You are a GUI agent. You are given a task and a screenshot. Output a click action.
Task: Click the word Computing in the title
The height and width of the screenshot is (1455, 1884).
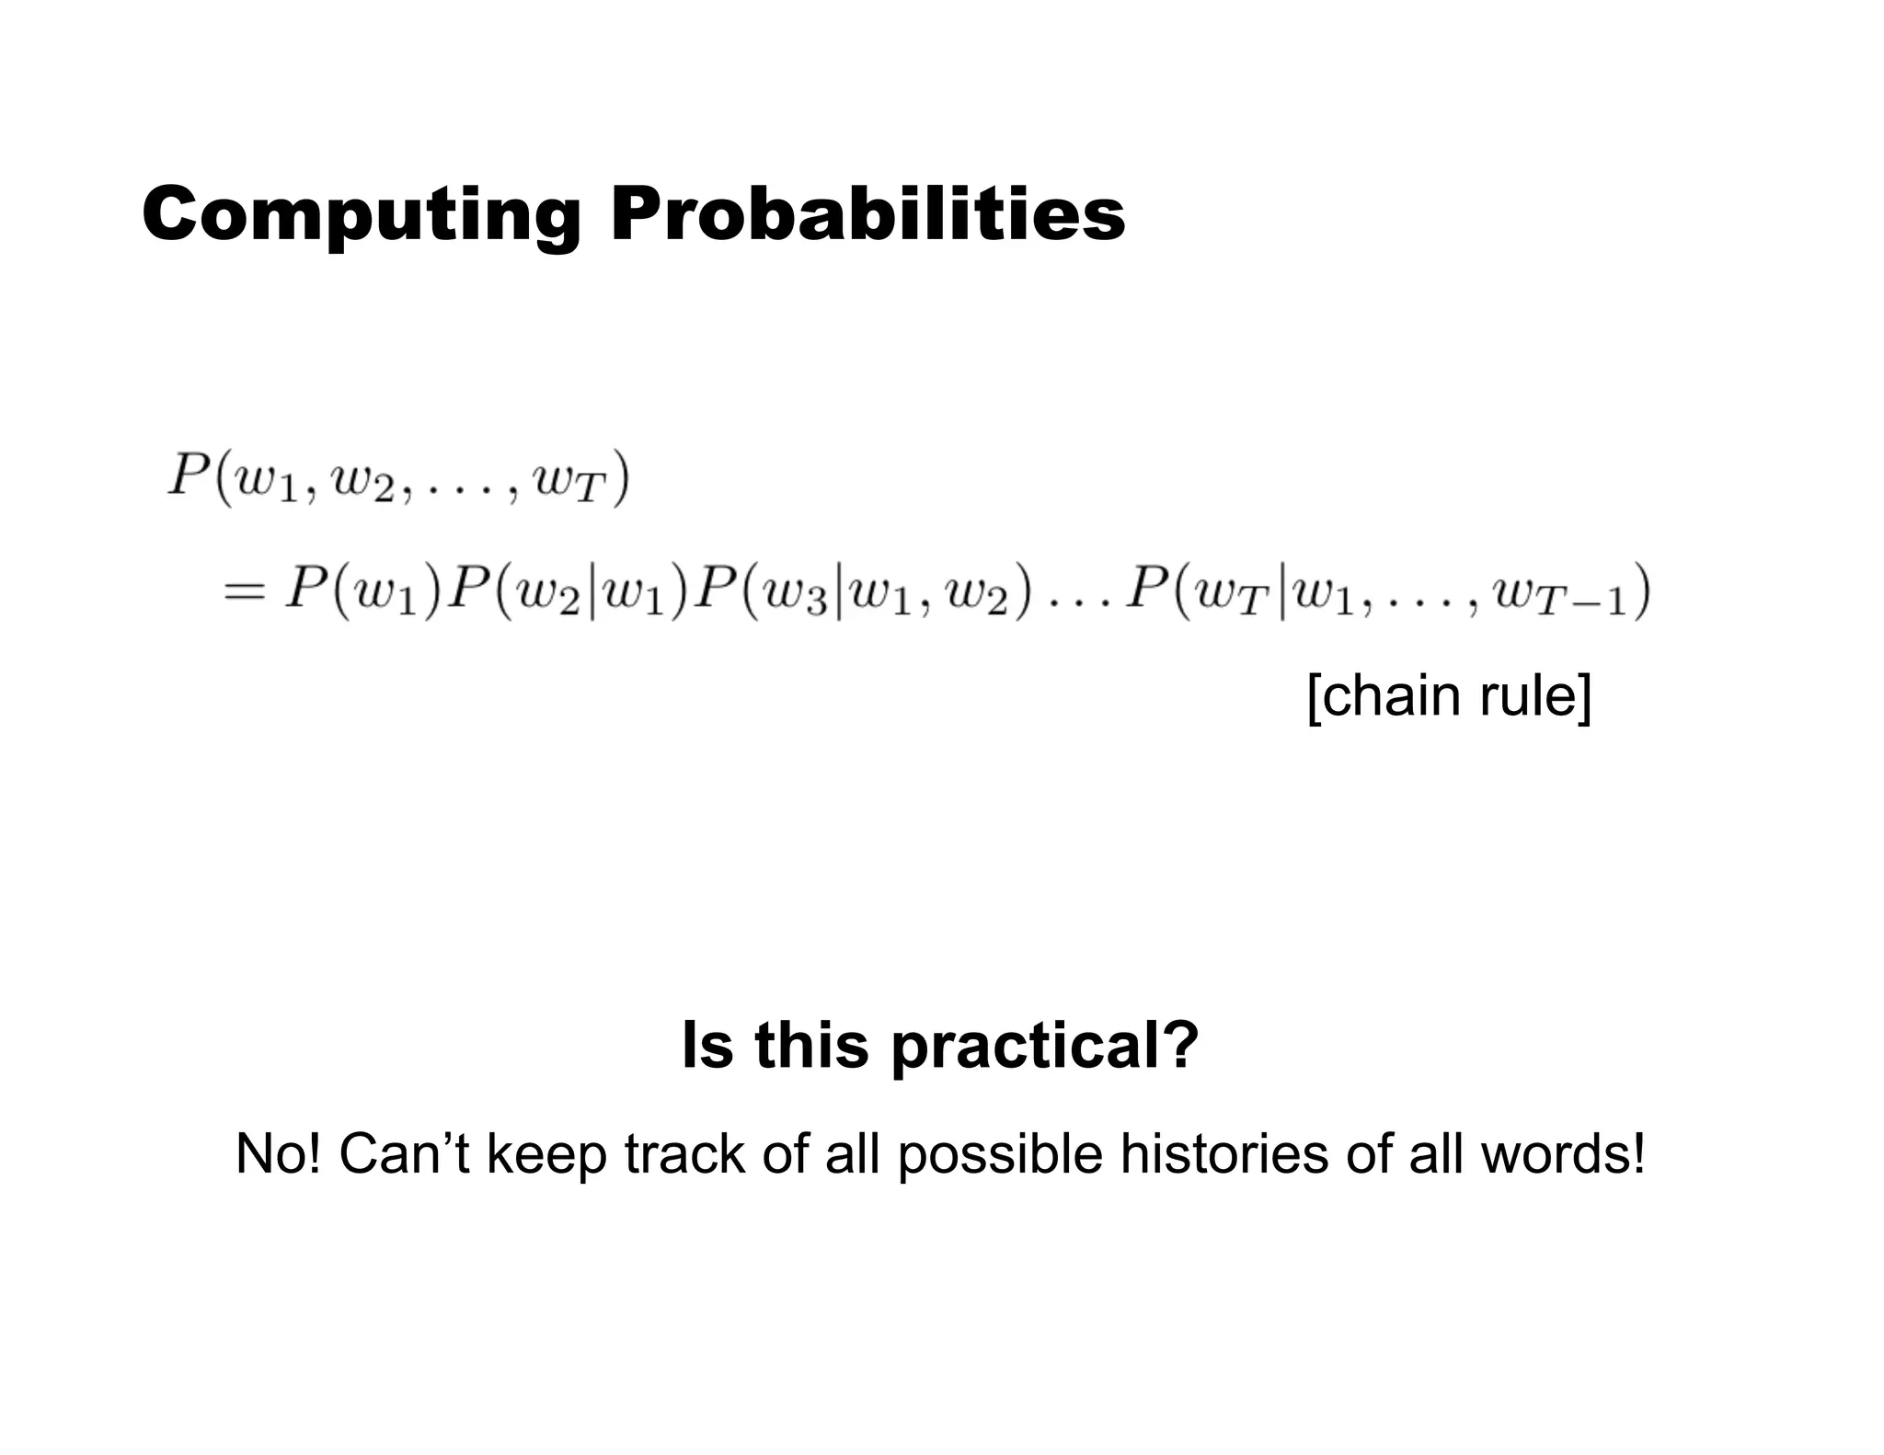(362, 214)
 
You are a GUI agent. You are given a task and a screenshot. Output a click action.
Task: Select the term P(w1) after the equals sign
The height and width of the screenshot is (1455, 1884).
(364, 590)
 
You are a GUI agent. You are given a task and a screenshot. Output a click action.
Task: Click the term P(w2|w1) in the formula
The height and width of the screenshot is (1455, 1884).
(569, 590)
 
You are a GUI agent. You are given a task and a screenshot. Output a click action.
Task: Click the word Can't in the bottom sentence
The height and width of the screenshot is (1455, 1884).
(404, 1154)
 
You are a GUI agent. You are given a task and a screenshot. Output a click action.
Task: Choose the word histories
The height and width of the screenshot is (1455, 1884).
(1223, 1154)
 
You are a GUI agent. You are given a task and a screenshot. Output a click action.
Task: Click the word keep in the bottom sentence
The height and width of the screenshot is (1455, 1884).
(546, 1156)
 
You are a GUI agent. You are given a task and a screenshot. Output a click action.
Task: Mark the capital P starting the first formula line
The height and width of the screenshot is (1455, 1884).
(189, 476)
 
